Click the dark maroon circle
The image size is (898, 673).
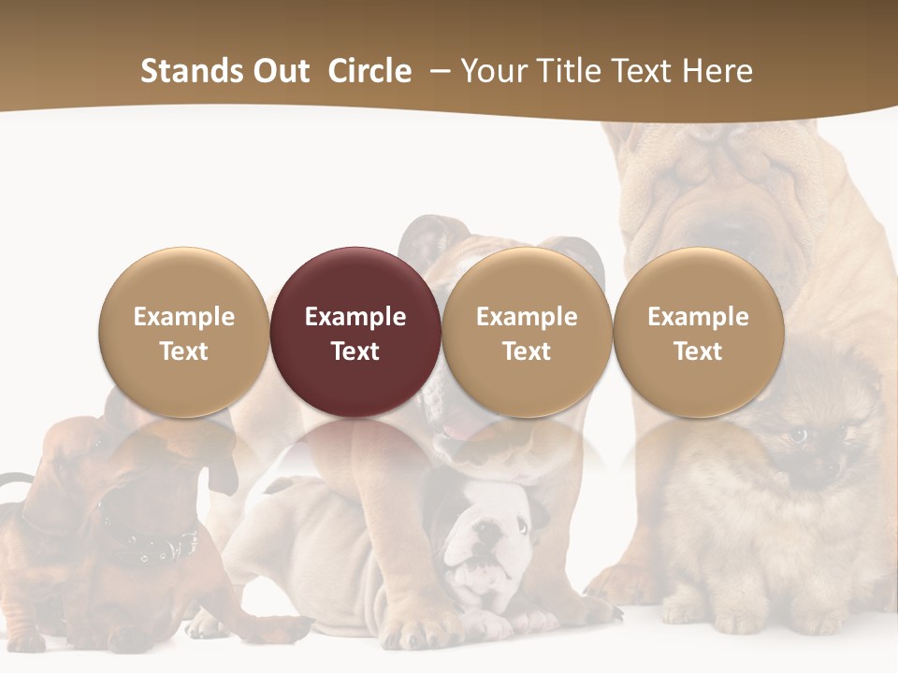355,332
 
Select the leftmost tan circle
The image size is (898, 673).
184,332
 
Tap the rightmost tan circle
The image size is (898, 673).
698,332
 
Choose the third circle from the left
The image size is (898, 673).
527,332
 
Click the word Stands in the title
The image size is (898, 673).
193,71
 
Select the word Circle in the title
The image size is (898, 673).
369,71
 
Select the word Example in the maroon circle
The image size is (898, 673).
355,317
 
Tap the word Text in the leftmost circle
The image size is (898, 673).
184,351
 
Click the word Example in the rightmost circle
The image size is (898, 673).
698,317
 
